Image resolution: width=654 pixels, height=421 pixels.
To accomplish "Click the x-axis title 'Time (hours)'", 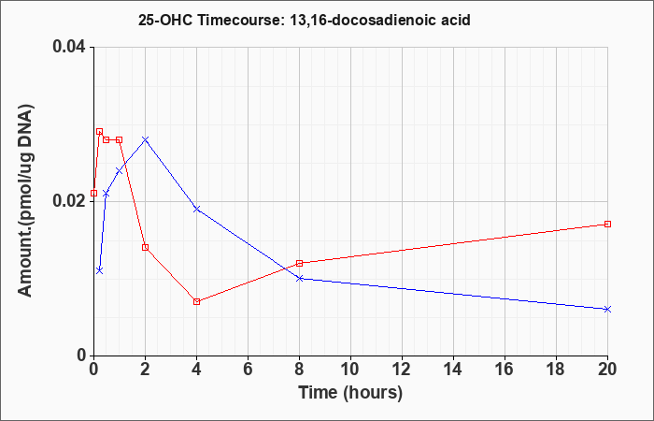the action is click(x=350, y=393).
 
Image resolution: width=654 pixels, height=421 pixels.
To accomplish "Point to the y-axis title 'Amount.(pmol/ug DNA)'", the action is click(x=26, y=200).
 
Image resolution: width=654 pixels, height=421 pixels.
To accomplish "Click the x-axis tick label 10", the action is click(x=350, y=370).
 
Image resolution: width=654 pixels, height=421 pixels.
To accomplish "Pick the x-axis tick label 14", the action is click(x=453, y=370).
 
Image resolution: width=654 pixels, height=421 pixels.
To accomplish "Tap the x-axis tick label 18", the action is click(x=556, y=370).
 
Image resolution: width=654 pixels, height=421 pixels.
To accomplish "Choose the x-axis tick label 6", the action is click(x=248, y=370).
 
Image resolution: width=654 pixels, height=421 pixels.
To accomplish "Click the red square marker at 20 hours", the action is click(x=607, y=224).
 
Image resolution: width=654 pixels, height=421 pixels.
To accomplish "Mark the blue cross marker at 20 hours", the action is click(x=607, y=309).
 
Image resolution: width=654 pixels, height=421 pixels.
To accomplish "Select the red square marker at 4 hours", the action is click(x=196, y=301).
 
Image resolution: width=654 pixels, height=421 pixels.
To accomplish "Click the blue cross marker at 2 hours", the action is click(x=145, y=139).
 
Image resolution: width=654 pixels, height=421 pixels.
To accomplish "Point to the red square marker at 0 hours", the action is click(x=93, y=193).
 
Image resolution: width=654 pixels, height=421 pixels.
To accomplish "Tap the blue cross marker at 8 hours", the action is click(x=300, y=278).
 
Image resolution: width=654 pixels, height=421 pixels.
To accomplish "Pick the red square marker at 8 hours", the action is click(x=300, y=263).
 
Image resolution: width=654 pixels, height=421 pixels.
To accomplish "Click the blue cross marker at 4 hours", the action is click(x=196, y=209).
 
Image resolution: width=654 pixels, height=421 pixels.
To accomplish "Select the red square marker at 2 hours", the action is click(x=145, y=247).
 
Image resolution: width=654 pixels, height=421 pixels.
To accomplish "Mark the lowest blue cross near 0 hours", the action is click(x=99, y=270).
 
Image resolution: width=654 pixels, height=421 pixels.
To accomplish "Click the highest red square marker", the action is click(x=99, y=132).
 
